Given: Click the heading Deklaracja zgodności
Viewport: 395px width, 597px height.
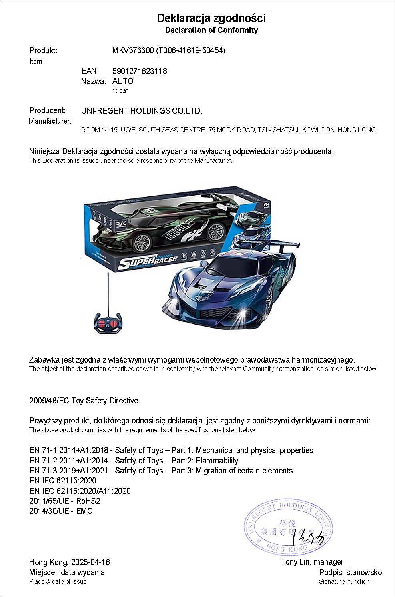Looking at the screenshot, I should pyautogui.click(x=211, y=18).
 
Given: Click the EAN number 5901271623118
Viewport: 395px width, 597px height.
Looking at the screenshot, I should pyautogui.click(x=140, y=71).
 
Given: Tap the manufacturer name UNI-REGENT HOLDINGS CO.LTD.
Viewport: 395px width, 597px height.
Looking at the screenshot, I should pyautogui.click(x=142, y=111).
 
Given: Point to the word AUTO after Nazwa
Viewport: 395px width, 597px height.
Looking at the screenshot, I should pyautogui.click(x=123, y=81).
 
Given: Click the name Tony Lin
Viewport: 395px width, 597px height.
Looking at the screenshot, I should pyautogui.click(x=295, y=562).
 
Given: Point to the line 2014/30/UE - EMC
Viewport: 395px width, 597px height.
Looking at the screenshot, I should pyautogui.click(x=61, y=511).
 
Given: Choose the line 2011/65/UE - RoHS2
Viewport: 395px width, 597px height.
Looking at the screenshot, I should pyautogui.click(x=64, y=501).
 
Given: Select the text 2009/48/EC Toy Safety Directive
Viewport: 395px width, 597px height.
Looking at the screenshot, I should pyautogui.click(x=84, y=401).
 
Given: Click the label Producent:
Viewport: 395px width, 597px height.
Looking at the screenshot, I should pyautogui.click(x=47, y=110).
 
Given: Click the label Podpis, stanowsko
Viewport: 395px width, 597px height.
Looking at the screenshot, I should pyautogui.click(x=350, y=572).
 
